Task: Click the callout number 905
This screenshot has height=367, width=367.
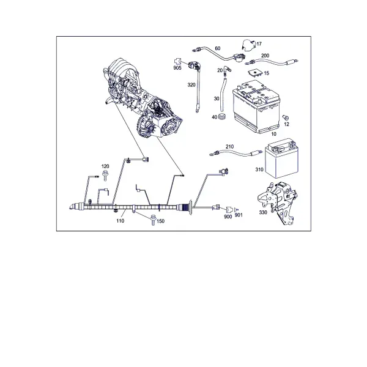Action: click(177, 68)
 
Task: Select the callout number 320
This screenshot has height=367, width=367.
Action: click(191, 85)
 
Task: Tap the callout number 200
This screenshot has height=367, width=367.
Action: click(265, 56)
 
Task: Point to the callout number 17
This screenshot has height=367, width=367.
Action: click(259, 44)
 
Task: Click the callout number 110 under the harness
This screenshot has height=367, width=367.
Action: click(120, 221)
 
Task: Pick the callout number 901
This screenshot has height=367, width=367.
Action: click(239, 215)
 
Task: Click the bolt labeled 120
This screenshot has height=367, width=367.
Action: click(105, 176)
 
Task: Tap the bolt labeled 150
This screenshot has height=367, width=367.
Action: click(153, 220)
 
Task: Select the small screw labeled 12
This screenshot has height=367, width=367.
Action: click(286, 117)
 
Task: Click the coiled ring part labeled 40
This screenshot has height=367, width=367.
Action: click(222, 116)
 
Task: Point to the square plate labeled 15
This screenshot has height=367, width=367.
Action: click(254, 73)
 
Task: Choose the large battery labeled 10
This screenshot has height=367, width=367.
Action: click(256, 106)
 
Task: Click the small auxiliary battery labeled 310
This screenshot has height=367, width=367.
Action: click(282, 158)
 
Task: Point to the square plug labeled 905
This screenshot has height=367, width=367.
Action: click(177, 62)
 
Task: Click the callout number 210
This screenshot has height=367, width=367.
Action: click(229, 147)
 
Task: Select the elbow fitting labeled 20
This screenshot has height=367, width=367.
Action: click(226, 70)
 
